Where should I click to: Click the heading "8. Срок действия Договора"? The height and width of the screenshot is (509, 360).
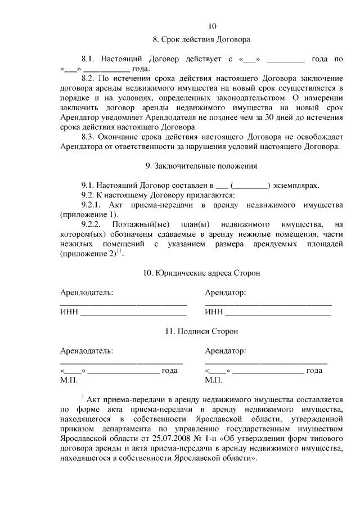point(201,40)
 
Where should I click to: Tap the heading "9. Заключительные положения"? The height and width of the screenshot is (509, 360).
point(201,166)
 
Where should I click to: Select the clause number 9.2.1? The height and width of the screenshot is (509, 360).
point(93,205)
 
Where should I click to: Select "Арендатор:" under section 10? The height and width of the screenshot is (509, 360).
point(225,292)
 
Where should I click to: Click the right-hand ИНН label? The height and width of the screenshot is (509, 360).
point(214,312)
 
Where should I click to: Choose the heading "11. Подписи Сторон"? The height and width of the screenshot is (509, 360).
point(201,331)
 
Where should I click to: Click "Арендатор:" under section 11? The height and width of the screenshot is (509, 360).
point(225,351)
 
